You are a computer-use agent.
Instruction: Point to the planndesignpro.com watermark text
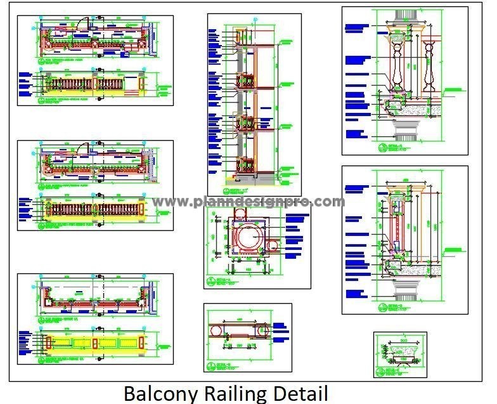point(249,202)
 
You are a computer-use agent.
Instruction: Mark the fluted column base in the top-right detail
point(403,131)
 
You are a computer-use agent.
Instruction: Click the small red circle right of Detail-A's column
point(274,245)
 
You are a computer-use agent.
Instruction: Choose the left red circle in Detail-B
point(214,331)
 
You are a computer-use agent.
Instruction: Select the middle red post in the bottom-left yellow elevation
point(94,343)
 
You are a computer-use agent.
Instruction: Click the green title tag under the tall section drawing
point(236,188)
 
